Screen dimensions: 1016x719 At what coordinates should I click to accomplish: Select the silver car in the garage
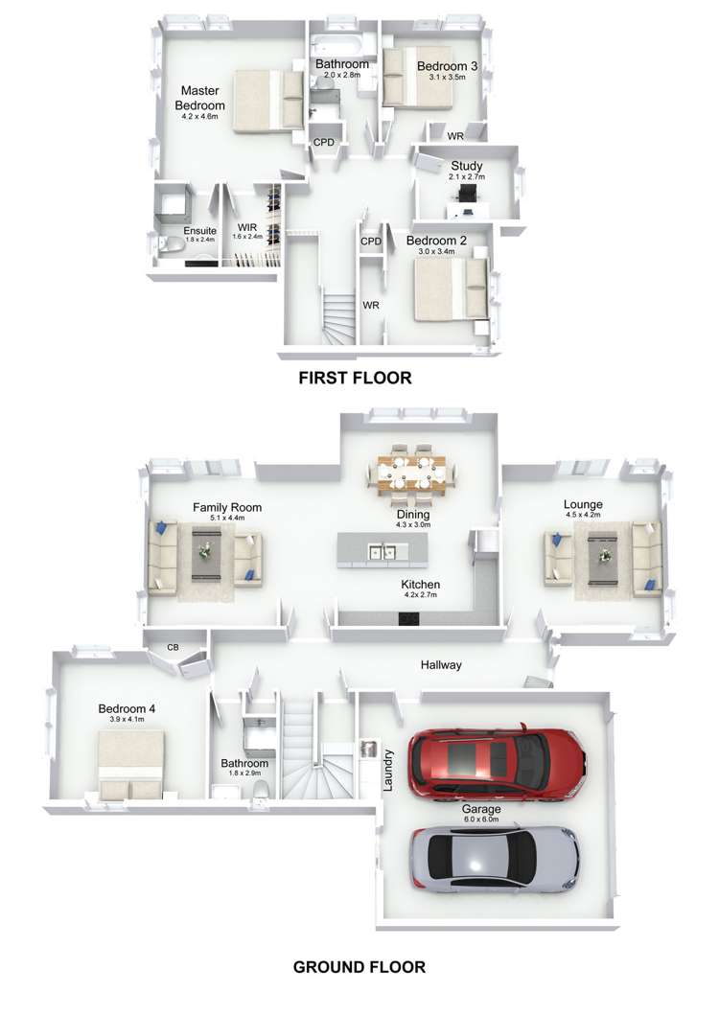pyautogui.click(x=494, y=855)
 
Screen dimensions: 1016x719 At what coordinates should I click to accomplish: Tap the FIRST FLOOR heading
pyautogui.click(x=355, y=378)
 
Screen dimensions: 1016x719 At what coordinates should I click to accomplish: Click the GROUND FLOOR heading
pyautogui.click(x=359, y=966)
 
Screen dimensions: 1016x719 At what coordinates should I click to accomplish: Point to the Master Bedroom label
pyautogui.click(x=200, y=98)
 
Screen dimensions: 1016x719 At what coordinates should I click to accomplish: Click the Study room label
pyautogui.click(x=466, y=166)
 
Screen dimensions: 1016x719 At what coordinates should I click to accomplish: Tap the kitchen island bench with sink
pyautogui.click(x=382, y=552)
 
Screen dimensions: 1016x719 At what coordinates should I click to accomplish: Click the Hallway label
pyautogui.click(x=441, y=664)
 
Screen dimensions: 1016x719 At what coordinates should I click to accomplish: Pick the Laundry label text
pyautogui.click(x=389, y=769)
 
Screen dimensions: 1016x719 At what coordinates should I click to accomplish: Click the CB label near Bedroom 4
pyautogui.click(x=173, y=648)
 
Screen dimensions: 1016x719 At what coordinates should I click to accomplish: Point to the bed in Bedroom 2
pyautogui.click(x=449, y=288)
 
